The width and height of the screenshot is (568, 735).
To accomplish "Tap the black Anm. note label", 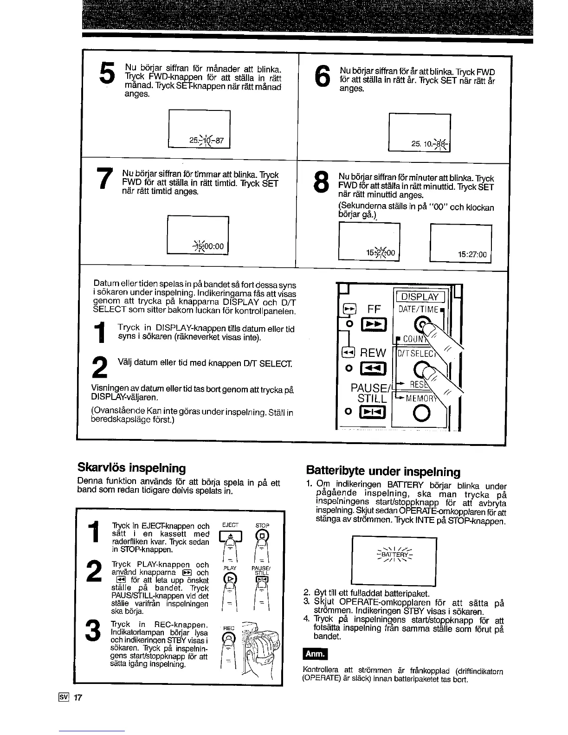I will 315,655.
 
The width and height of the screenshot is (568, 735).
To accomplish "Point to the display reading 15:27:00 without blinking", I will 472,254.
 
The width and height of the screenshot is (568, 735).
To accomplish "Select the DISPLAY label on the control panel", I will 420,297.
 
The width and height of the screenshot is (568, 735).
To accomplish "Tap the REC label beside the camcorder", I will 229,628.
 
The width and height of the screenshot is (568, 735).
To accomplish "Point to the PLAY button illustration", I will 230,579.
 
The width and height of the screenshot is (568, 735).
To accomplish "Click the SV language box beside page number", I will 64,697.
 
